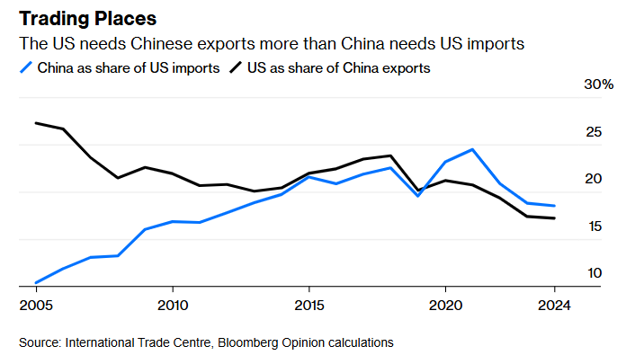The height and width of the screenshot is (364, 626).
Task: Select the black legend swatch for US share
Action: (x=236, y=67)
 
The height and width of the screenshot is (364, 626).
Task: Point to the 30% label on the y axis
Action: (x=598, y=85)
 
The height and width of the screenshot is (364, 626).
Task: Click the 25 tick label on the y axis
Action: (x=593, y=133)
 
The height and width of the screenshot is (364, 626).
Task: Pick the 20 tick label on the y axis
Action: (x=593, y=180)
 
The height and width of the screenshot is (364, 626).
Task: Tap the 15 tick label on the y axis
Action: (x=593, y=226)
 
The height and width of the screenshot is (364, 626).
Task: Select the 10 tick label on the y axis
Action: (x=593, y=273)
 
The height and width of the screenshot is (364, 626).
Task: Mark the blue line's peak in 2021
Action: (x=472, y=149)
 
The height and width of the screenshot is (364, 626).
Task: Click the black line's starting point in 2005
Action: (x=35, y=122)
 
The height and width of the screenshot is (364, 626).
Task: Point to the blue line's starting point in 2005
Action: (x=35, y=282)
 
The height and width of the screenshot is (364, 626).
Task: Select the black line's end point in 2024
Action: (x=555, y=218)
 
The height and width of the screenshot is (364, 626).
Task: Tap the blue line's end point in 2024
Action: (x=555, y=206)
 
